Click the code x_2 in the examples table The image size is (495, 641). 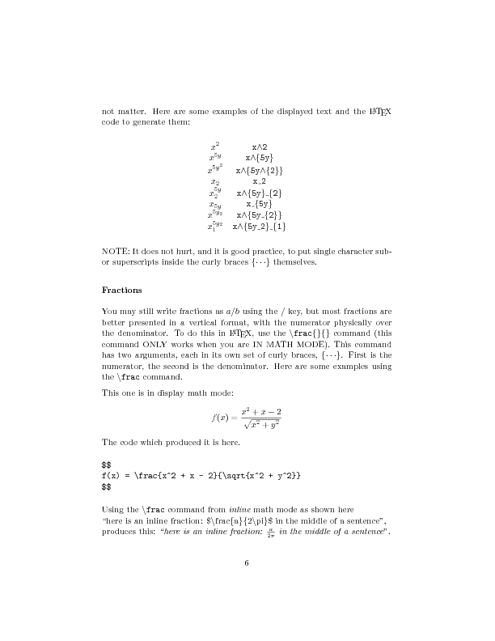point(260,182)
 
